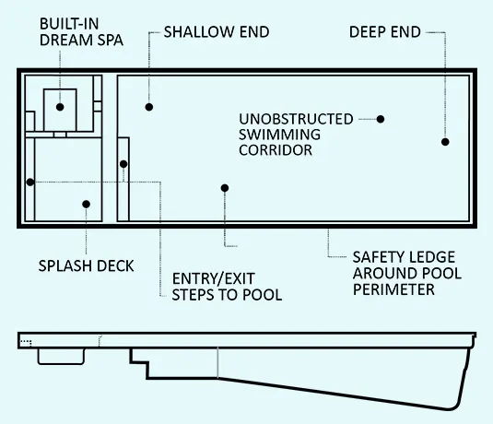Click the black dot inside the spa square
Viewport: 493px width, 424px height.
60,107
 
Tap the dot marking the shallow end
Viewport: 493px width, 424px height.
149,107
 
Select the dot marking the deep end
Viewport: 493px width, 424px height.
445,142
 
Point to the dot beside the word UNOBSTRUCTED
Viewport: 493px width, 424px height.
381,119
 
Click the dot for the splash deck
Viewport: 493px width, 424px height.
86,204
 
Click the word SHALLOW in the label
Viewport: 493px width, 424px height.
199,31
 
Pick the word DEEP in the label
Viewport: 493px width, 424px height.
368,31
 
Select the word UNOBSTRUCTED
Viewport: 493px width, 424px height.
296,119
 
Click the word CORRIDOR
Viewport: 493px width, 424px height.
276,150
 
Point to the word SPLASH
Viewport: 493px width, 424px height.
65,265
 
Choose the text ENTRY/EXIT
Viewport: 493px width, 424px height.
214,278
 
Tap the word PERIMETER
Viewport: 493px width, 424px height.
393,289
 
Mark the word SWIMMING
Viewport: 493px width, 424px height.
279,135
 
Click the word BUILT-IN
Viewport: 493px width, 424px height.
69,24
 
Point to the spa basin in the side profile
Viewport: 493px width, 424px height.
61,357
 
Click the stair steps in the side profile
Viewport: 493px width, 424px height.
139,363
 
